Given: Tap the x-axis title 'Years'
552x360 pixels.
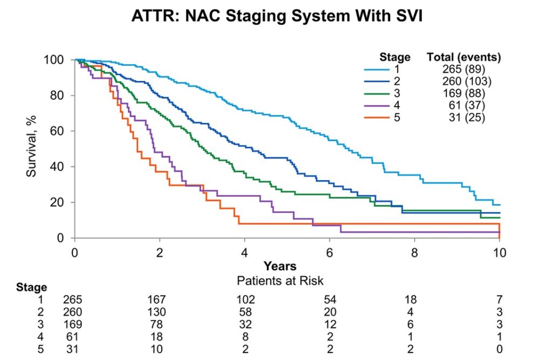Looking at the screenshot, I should (280, 266).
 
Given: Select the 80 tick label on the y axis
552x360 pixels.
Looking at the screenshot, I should (59, 95).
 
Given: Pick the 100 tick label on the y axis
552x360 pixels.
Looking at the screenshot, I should (57, 60).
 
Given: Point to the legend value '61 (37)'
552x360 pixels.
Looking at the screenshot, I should (468, 105).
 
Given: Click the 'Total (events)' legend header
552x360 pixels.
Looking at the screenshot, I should (464, 57).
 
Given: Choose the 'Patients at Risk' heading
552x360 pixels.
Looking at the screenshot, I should (280, 280).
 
